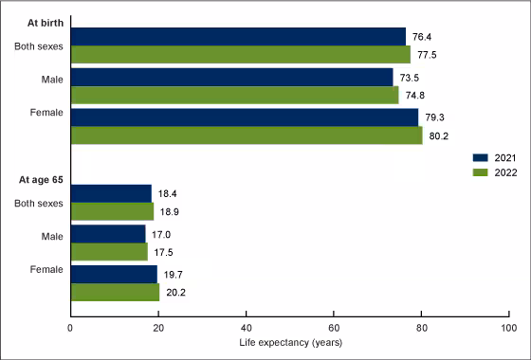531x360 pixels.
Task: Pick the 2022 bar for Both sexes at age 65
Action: click(x=111, y=211)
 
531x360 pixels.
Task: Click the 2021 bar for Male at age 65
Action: click(x=107, y=233)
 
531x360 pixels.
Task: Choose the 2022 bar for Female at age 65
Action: click(x=114, y=292)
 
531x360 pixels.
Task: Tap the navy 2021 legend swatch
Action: click(x=479, y=158)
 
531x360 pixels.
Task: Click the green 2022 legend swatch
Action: click(x=479, y=172)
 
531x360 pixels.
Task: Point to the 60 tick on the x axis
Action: click(x=333, y=328)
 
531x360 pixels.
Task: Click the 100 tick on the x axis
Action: click(x=508, y=328)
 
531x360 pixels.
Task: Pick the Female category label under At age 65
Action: click(x=46, y=271)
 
